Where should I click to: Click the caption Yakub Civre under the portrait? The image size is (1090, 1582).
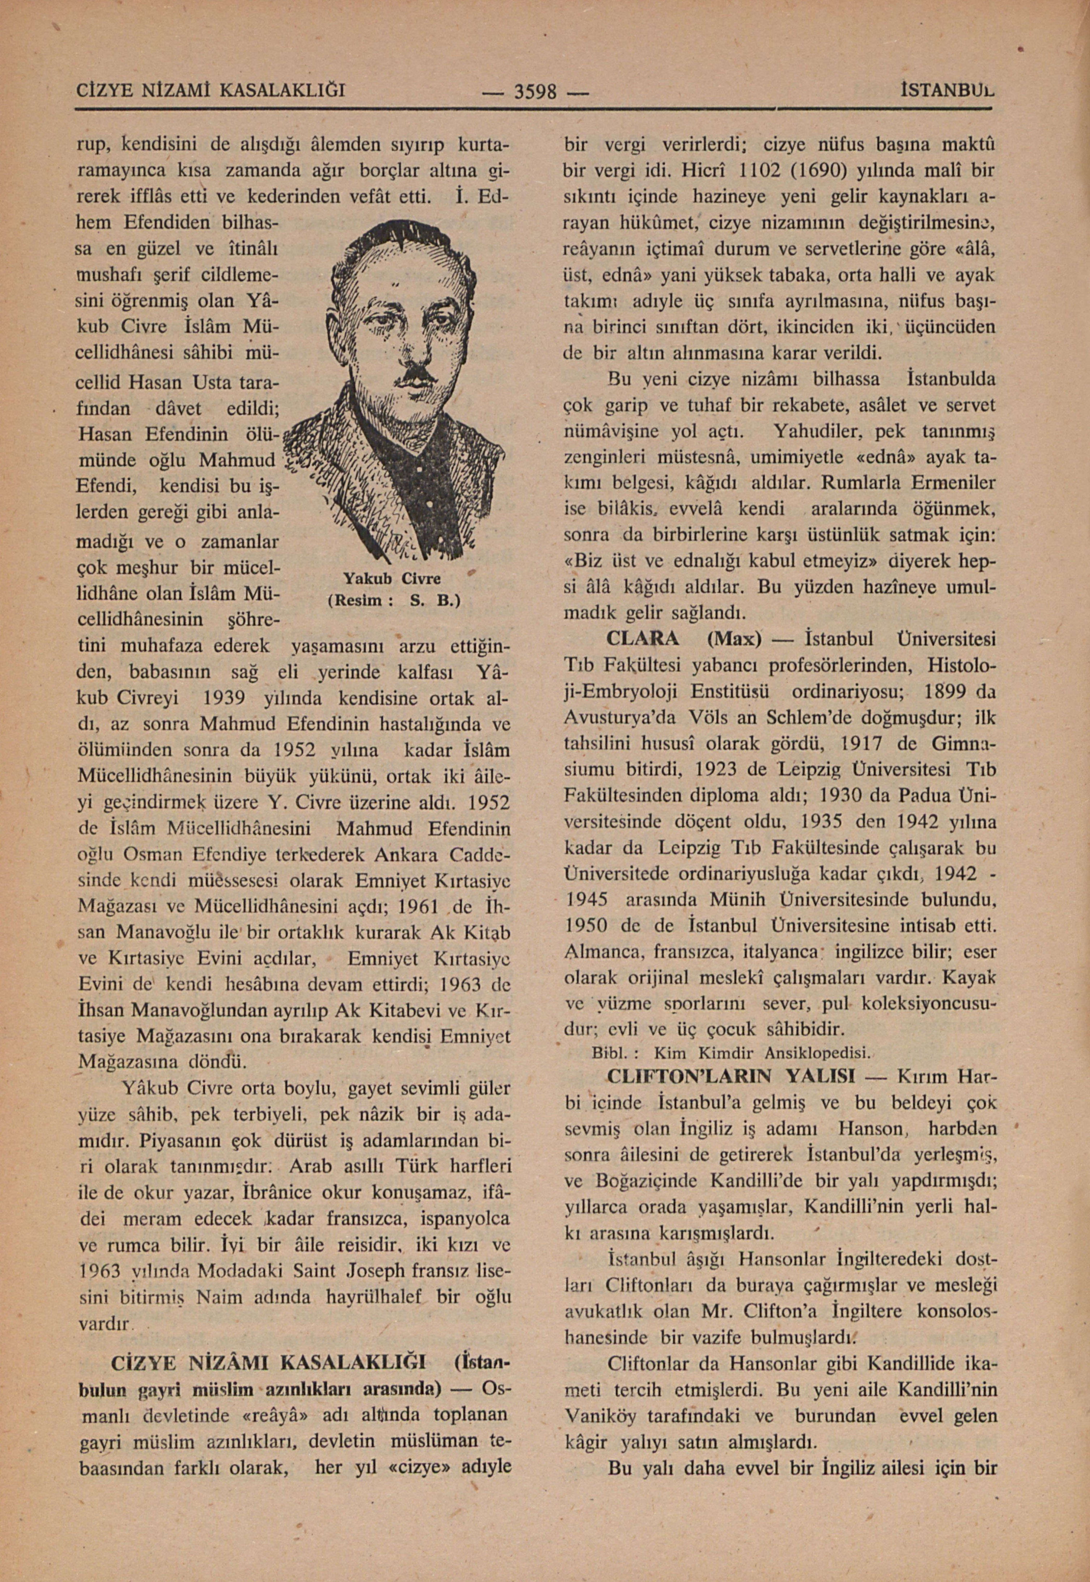point(391,579)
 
